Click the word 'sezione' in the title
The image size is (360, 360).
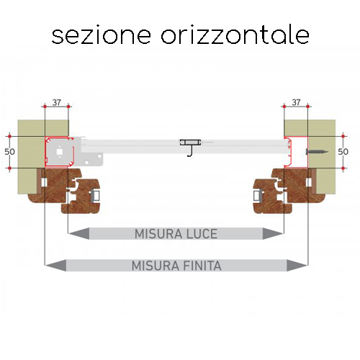coord(102,35)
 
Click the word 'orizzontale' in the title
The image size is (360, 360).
coord(235,35)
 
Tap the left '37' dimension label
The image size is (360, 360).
coord(57,102)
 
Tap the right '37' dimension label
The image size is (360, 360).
coord(296,102)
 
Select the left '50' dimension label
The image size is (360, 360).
coord(9,152)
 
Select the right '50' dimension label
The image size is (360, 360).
coord(343,152)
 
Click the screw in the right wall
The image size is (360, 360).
coord(317,152)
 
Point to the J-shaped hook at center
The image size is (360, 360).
coord(190,151)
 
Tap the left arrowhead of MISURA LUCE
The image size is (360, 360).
coord(78,233)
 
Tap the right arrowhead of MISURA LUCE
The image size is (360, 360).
coord(273,233)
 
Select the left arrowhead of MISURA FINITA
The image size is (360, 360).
coord(55,265)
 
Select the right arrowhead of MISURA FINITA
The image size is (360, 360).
coord(297,265)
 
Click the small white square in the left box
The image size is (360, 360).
coord(59,152)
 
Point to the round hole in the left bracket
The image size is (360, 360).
coord(99,156)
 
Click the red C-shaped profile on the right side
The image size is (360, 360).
coord(287,152)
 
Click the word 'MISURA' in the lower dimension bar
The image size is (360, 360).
coord(156,266)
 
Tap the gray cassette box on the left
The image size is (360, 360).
coord(59,152)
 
